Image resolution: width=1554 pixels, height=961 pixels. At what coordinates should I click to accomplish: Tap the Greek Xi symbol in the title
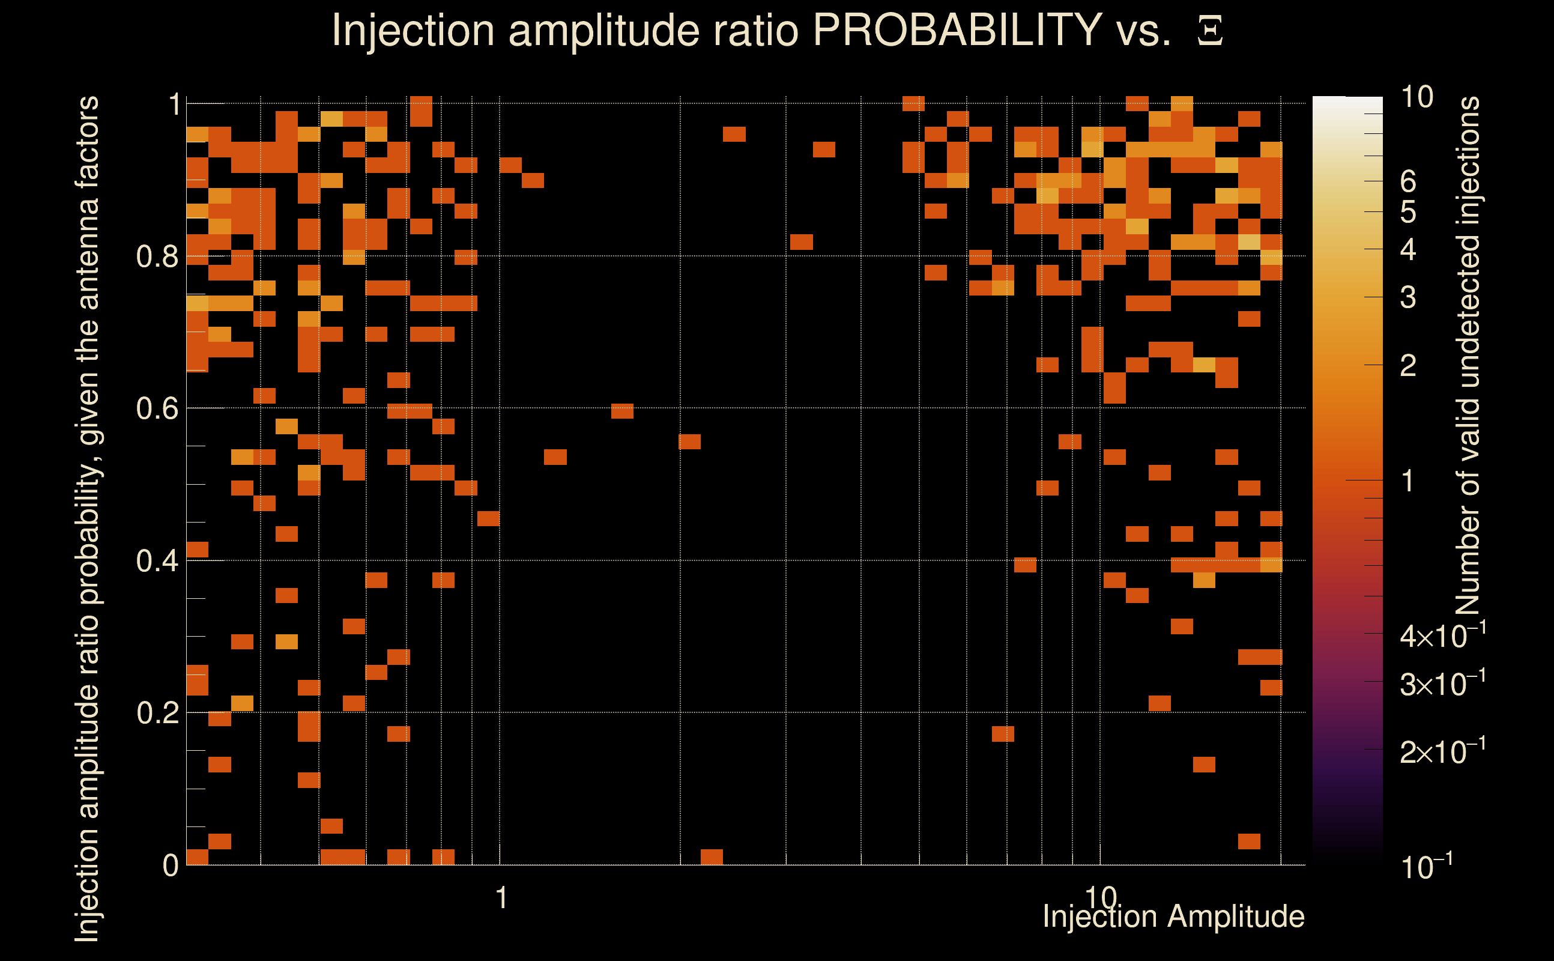1210,31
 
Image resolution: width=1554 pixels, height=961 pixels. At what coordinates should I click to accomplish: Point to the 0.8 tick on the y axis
157,257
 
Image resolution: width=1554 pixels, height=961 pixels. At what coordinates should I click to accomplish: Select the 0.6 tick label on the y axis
157,408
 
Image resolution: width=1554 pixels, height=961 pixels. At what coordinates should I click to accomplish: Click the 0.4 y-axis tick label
157,561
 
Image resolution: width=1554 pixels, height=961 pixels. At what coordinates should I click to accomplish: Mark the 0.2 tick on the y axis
157,713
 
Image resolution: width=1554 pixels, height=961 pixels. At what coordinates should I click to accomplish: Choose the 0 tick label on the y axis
171,866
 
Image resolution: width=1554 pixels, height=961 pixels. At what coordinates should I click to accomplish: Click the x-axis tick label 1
502,898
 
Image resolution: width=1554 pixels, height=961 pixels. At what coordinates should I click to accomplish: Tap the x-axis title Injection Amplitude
1173,917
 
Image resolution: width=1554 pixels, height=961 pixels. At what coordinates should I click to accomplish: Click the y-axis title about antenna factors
87,518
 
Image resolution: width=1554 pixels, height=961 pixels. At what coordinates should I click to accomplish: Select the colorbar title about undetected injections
1468,356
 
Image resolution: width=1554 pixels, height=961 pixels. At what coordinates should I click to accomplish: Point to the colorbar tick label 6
1408,182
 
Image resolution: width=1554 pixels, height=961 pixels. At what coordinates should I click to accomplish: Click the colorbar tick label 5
1408,212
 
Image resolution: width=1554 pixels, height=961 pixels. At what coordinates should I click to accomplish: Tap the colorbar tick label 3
1408,297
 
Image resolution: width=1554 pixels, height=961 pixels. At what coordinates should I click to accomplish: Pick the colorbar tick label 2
1408,366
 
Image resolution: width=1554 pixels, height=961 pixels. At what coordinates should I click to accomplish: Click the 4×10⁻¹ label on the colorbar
1443,635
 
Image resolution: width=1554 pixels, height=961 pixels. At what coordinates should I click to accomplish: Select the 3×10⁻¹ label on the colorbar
1443,684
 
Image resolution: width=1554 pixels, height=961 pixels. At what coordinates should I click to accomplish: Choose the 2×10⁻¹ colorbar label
1443,752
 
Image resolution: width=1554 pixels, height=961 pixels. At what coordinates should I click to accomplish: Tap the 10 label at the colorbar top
1416,97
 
